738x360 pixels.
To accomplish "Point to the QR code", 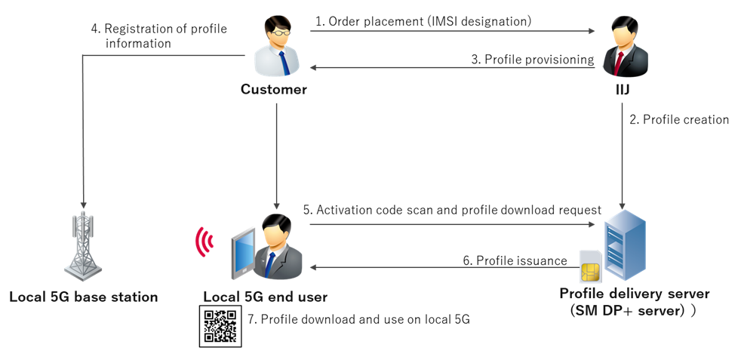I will [220, 326].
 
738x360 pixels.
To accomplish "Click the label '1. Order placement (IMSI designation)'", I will [423, 22].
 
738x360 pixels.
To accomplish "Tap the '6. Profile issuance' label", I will [515, 260].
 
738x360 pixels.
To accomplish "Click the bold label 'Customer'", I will [274, 90].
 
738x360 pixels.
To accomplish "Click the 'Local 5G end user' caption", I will [265, 297].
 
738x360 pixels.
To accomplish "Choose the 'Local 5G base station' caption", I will [84, 297].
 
